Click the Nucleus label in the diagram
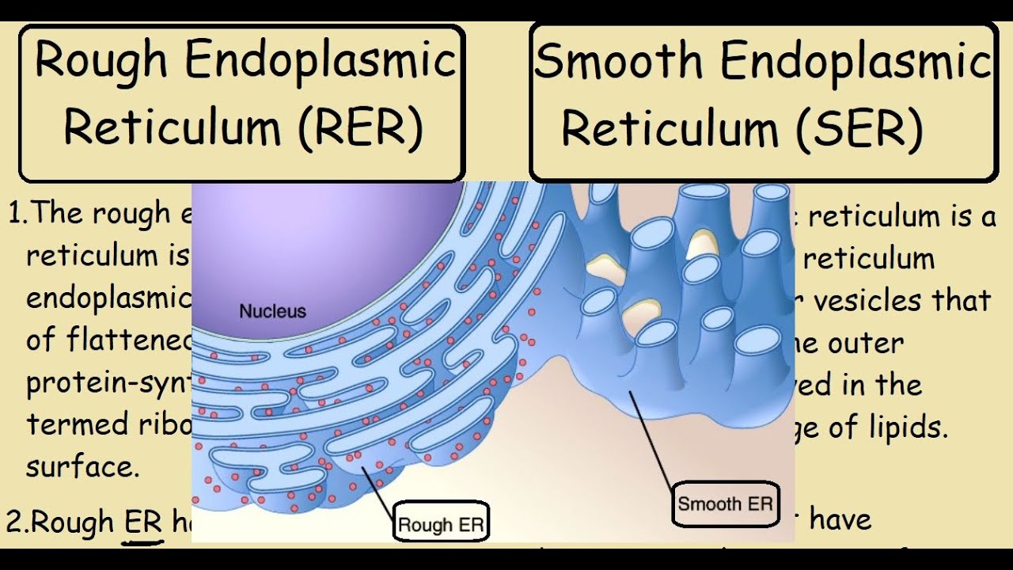[272, 311]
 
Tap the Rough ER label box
[442, 524]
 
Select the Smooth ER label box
[724, 504]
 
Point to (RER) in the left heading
[360, 127]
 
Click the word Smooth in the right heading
[618, 62]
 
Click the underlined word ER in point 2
[143, 523]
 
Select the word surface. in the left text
[82, 467]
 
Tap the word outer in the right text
[866, 344]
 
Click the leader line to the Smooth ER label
[652, 435]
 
